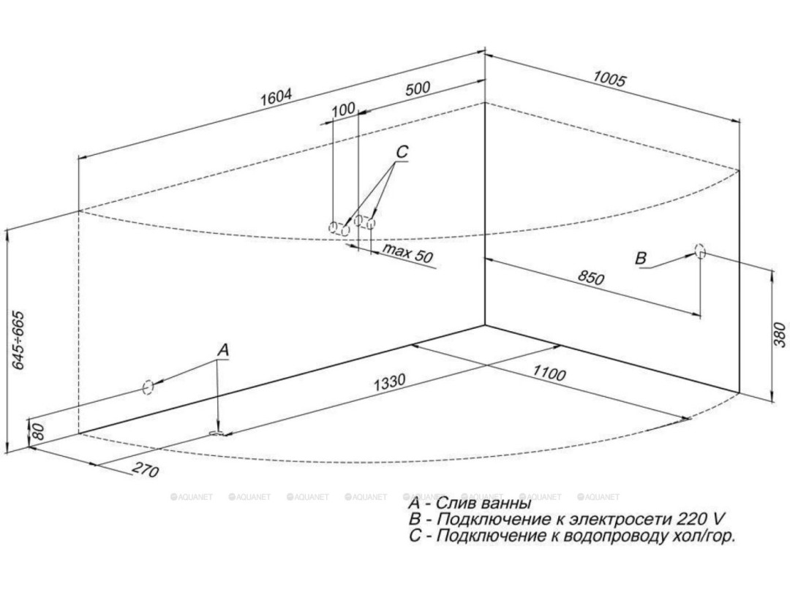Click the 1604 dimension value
click(x=277, y=98)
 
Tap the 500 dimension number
click(x=417, y=88)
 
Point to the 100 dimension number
click(x=343, y=110)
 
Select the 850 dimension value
click(x=592, y=278)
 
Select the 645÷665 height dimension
click(x=18, y=340)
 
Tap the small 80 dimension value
click(x=39, y=431)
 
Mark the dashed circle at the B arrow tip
click(x=700, y=251)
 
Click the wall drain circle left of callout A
click(x=148, y=387)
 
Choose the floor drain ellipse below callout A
click(x=218, y=434)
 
